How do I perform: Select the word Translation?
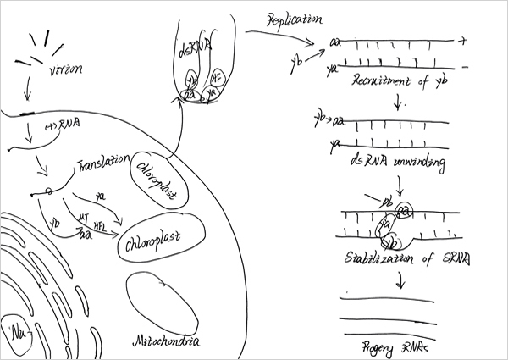(102, 161)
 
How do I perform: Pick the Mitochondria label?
(168, 342)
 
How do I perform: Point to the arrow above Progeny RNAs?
(395, 279)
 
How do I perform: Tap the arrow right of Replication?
(279, 36)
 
